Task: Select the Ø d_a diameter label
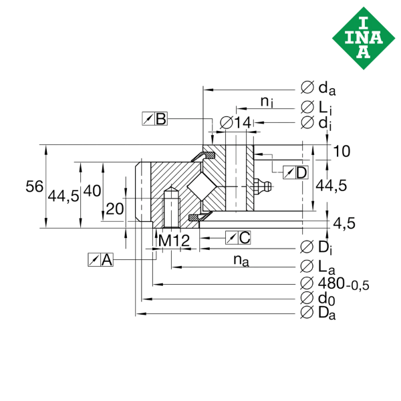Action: [317, 88]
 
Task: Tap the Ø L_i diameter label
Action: [316, 106]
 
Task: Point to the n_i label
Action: [265, 102]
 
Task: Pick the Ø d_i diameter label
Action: [316, 122]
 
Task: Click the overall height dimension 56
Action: [35, 187]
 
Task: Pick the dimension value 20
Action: [114, 209]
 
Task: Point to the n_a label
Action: [241, 261]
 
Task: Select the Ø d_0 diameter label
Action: [317, 297]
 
